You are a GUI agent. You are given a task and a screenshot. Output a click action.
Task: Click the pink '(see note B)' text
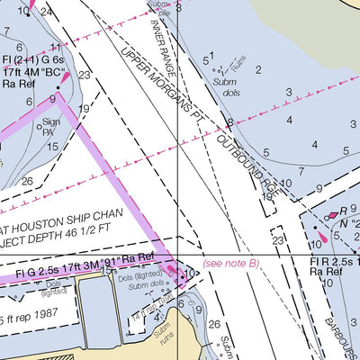(x=231, y=263)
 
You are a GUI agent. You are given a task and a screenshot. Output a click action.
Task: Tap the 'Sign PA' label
(x=51, y=125)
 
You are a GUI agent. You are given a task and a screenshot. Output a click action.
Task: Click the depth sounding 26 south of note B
(x=214, y=326)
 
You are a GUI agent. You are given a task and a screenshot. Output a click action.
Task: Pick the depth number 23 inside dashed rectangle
(x=277, y=240)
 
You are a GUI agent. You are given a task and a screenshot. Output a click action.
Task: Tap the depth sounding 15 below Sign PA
(x=53, y=146)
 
